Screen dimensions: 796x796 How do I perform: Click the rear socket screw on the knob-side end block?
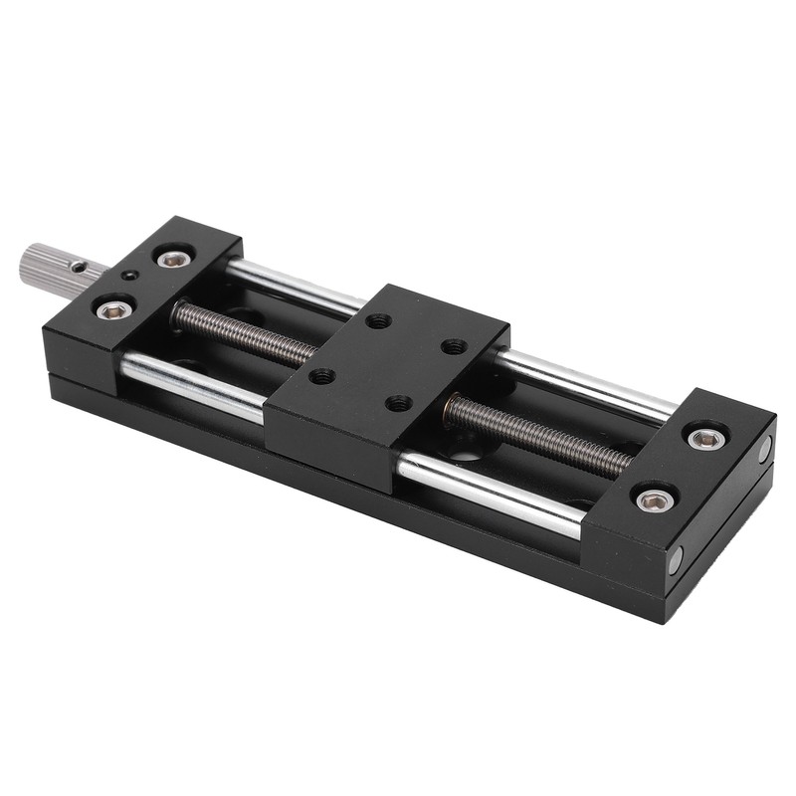[175, 259]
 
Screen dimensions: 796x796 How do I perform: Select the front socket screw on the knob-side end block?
[115, 309]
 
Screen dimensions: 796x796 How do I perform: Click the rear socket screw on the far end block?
[705, 438]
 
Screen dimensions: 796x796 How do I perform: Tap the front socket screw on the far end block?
[654, 499]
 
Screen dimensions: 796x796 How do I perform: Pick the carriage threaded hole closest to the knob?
[322, 376]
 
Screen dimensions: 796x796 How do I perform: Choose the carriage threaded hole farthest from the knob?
[454, 346]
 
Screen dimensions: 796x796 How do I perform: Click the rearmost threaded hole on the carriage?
[378, 320]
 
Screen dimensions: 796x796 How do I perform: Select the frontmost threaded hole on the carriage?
[399, 403]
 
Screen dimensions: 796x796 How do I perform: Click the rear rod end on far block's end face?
[765, 450]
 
